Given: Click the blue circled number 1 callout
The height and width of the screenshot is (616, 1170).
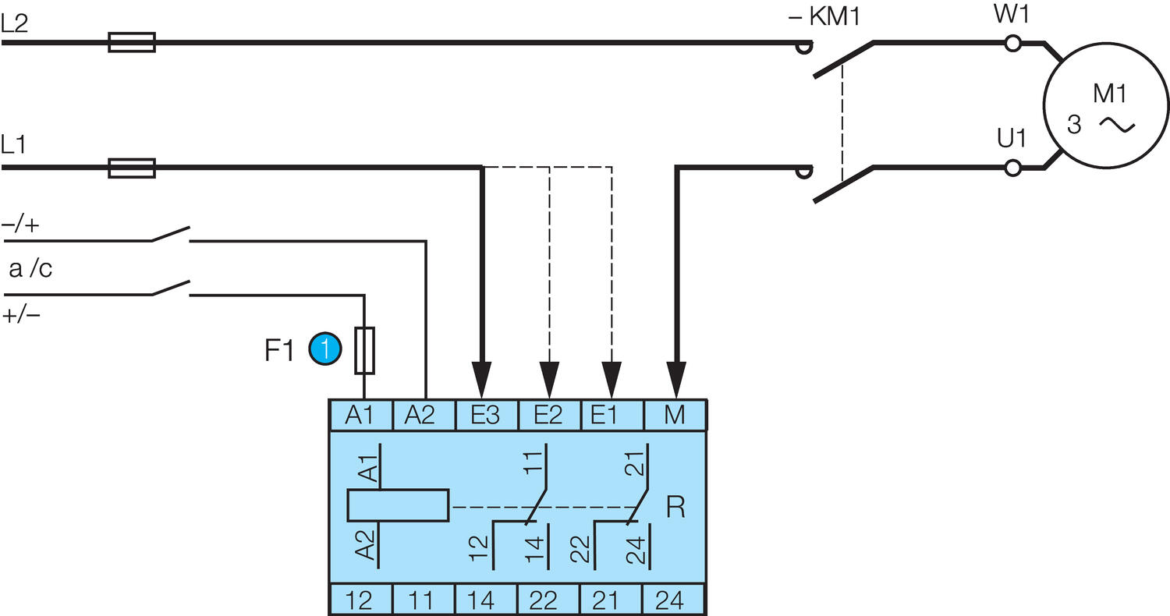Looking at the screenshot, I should click(325, 349).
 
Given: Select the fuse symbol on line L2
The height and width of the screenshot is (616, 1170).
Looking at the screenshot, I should click(131, 42).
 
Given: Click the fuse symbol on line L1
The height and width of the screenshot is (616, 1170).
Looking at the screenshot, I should click(131, 167).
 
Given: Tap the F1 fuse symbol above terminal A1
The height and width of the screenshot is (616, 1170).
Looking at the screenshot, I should click(364, 350).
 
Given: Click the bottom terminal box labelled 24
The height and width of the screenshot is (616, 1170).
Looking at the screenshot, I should click(673, 600).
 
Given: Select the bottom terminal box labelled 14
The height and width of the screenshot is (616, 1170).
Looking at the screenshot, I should click(486, 600).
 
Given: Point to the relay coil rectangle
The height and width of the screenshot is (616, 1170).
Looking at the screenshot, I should click(398, 505).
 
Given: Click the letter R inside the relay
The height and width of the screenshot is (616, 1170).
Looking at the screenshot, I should click(675, 509).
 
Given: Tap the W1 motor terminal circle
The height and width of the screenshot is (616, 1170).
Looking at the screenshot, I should click(1012, 43).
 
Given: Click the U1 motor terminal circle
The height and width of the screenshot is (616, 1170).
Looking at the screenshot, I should click(1012, 167).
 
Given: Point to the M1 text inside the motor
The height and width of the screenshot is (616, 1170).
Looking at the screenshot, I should click(1109, 94).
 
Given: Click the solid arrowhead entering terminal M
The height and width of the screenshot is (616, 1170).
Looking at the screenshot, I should click(675, 380).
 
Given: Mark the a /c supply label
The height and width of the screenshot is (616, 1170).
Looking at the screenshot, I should click(30, 270).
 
